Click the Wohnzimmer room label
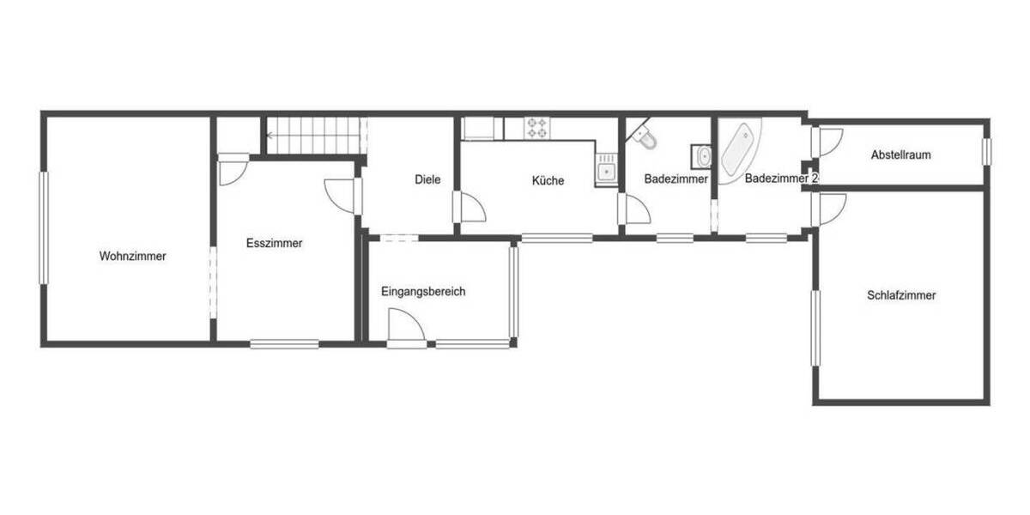pos(132,256)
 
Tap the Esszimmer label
pos(274,243)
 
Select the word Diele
pos(427,179)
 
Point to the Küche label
pos(548,180)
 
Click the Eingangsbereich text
pos(423,292)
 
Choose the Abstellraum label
pos(900,155)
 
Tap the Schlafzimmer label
pos(901,295)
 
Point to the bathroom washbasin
pos(703,156)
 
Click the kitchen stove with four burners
pos(538,128)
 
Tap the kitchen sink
pos(607,170)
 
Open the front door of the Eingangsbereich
pos(405,329)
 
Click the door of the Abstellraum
pos(828,141)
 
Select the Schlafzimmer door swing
pos(830,208)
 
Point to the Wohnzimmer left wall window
pos(43,227)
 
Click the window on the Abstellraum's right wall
pos(986,151)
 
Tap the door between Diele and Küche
pos(470,207)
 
